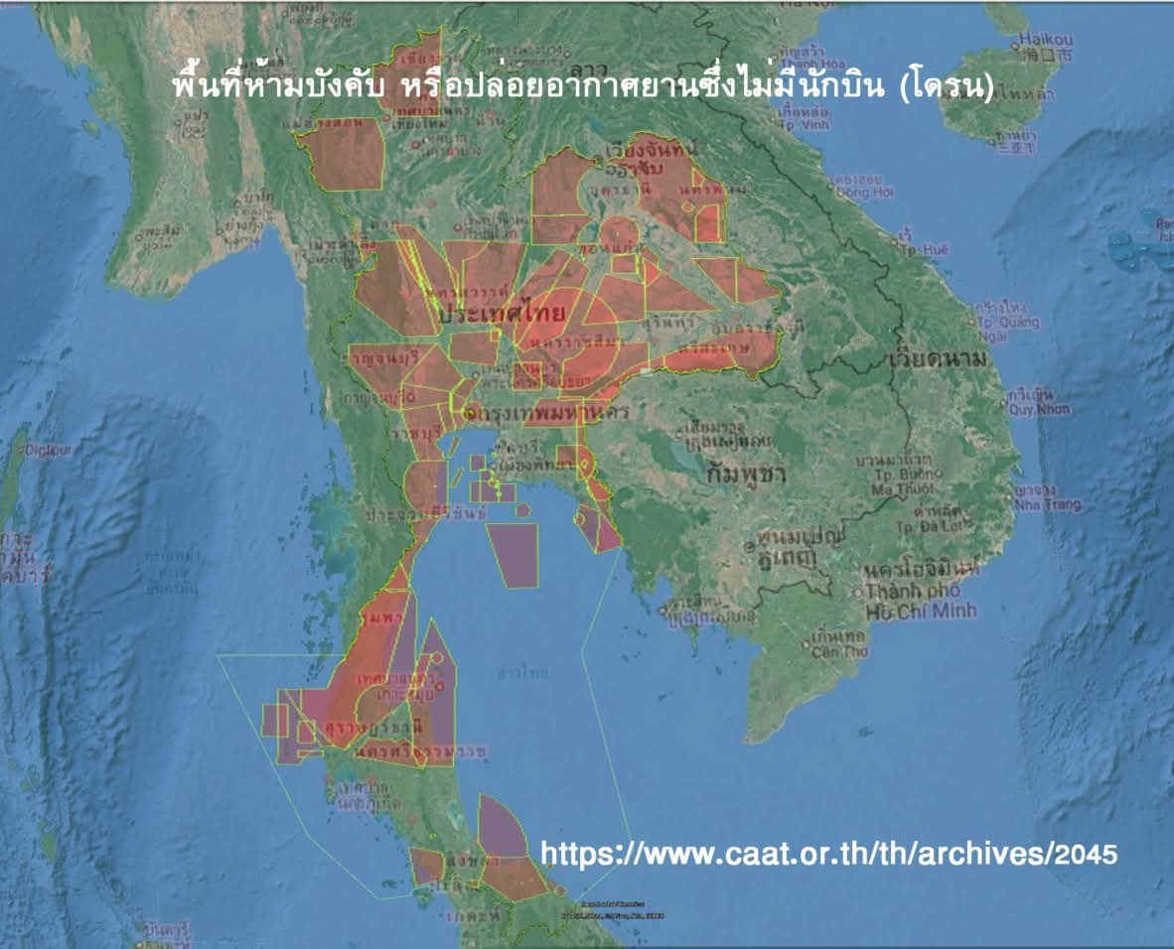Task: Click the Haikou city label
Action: pyautogui.click(x=1043, y=41)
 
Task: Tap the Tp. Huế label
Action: pyautogui.click(x=916, y=249)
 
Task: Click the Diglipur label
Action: pyautogui.click(x=49, y=450)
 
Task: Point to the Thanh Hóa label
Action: pyautogui.click(x=805, y=64)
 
